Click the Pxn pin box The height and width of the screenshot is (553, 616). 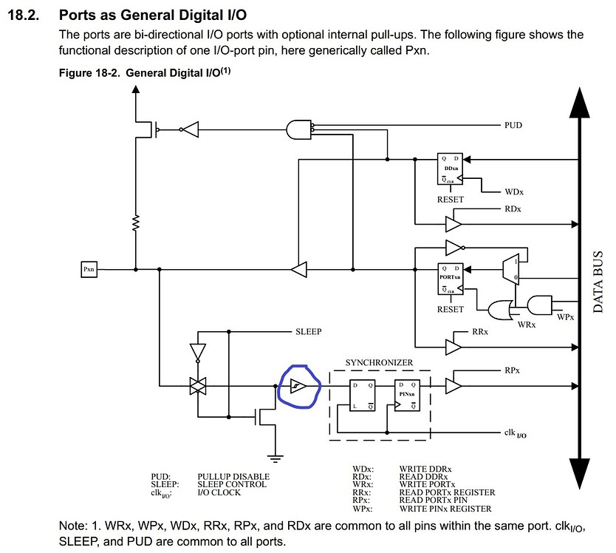tap(89, 270)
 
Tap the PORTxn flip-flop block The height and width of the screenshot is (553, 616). tap(449, 279)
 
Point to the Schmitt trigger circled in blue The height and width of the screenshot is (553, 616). tap(295, 386)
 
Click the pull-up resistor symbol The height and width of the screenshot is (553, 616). tap(134, 223)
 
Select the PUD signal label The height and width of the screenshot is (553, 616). tap(513, 126)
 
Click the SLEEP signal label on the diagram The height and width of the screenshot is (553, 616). tap(308, 332)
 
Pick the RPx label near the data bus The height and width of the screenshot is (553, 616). tap(513, 369)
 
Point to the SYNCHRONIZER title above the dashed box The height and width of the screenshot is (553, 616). tap(379, 362)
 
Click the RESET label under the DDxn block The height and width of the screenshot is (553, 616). tap(450, 200)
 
